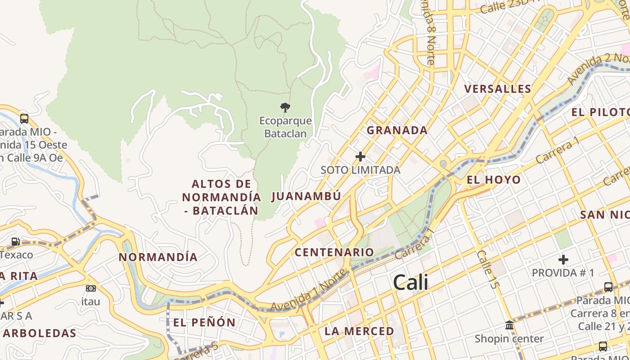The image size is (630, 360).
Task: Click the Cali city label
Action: click(x=410, y=283)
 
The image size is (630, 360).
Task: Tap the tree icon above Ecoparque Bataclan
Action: click(x=285, y=107)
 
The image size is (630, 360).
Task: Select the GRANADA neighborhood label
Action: click(x=397, y=130)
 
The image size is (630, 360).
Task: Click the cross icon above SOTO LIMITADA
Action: click(x=360, y=157)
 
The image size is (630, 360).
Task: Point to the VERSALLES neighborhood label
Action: click(x=498, y=89)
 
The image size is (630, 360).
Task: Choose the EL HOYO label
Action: click(x=494, y=180)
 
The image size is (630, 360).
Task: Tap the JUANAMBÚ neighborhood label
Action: click(x=306, y=196)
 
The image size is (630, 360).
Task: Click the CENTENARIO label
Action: click(x=334, y=252)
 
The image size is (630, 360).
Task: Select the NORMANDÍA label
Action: click(x=158, y=257)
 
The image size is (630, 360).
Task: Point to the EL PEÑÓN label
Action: click(x=204, y=322)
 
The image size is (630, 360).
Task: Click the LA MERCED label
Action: click(x=359, y=331)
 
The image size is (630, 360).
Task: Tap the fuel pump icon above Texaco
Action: click(x=15, y=242)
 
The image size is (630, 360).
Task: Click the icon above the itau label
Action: click(x=90, y=288)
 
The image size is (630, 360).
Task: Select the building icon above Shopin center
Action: click(x=509, y=325)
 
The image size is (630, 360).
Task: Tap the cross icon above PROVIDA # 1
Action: click(x=563, y=260)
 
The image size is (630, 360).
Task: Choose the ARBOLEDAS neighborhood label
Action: click(x=39, y=333)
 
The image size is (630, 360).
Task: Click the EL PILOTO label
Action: click(x=600, y=112)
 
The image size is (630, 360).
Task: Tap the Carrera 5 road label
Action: click(x=197, y=352)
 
